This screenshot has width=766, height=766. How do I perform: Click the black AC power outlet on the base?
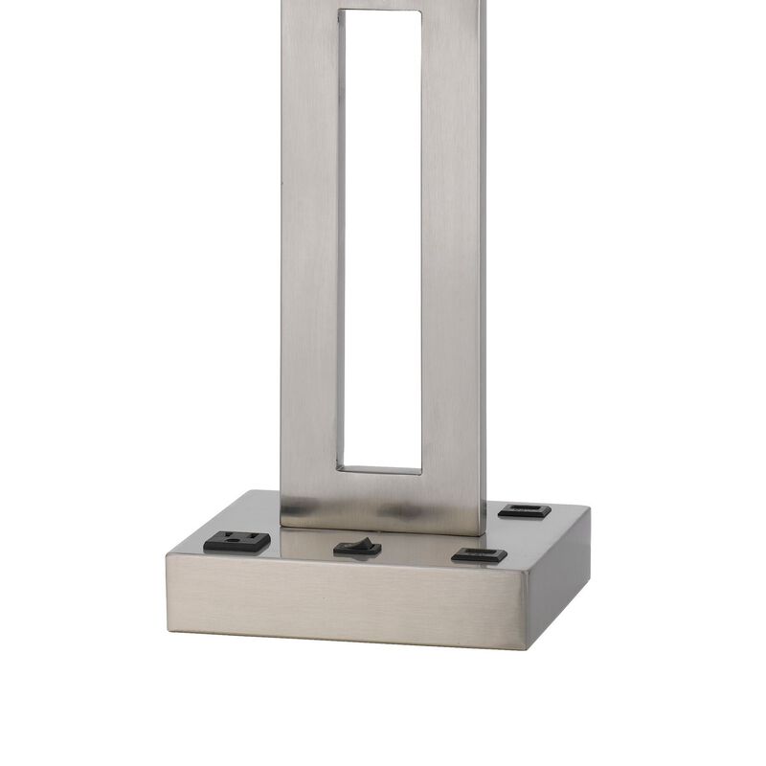click(x=237, y=542)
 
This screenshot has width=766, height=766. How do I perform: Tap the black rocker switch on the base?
click(x=357, y=549)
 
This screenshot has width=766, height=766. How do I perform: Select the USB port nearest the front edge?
click(x=479, y=554)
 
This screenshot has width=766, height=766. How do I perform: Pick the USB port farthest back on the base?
click(x=524, y=511)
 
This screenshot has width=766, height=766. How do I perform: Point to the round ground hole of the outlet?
click(x=255, y=542)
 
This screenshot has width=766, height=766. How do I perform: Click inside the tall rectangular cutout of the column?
click(x=381, y=239)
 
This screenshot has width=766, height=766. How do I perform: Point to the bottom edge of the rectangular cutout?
click(x=381, y=470)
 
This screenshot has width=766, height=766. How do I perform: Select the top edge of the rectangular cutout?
click(x=381, y=11)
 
